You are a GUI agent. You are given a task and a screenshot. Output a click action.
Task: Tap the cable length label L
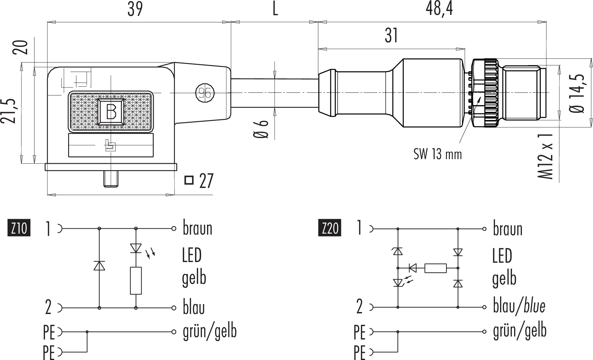point(275,9)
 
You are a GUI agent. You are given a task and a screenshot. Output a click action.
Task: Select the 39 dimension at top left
point(135,9)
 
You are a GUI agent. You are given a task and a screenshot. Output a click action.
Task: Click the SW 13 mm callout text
point(437,154)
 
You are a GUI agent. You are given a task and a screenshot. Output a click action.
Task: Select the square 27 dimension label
point(199,181)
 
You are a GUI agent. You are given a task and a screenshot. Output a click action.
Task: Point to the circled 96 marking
point(205,93)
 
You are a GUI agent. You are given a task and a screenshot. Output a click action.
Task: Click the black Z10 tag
point(19,228)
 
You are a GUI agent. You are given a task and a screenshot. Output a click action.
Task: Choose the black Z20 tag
point(330,228)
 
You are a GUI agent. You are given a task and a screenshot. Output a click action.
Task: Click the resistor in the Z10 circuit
point(136,281)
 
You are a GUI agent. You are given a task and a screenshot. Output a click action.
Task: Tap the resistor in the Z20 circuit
point(435,268)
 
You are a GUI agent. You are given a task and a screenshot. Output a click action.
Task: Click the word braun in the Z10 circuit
point(197,229)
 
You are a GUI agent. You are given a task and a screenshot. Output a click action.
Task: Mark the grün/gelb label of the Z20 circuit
point(520,330)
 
